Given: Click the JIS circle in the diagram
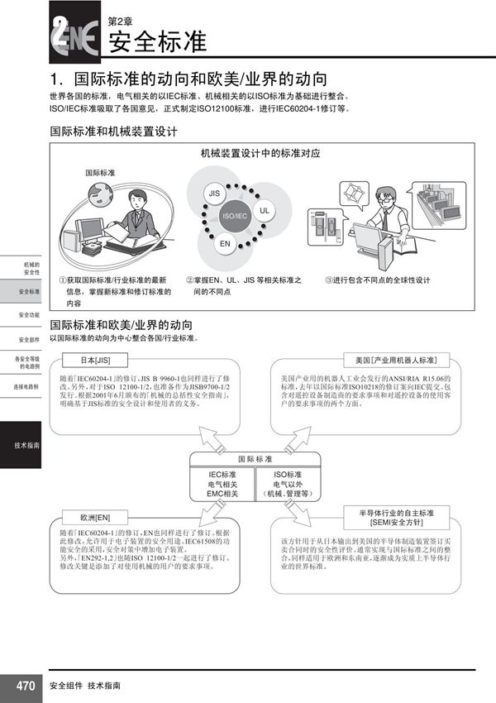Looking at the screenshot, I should tap(214, 193).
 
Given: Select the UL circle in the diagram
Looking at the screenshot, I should tap(265, 210).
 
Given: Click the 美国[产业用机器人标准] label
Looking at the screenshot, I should tap(398, 361).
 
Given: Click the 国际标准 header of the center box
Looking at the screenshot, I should tap(255, 458).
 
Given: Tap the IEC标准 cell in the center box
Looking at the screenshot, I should tap(222, 483).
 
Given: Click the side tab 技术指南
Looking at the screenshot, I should tap(26, 446).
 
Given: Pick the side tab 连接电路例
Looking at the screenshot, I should tap(26, 386).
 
